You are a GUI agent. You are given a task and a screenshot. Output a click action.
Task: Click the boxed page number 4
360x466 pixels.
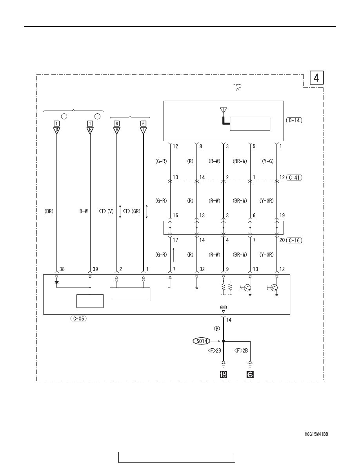(x=316, y=78)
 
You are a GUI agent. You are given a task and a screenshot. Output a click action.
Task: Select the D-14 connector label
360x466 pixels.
(x=294, y=120)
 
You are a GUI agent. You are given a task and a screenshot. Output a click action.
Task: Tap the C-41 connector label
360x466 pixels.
(x=294, y=177)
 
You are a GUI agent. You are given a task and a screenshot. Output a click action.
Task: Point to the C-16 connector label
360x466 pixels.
(x=294, y=240)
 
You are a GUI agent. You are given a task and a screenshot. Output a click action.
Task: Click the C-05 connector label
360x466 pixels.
(x=78, y=319)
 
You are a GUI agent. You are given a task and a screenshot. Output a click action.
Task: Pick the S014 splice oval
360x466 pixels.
(x=202, y=341)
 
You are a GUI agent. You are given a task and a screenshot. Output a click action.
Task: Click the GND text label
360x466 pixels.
(x=224, y=308)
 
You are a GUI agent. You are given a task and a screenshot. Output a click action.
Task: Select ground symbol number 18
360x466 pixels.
(x=224, y=375)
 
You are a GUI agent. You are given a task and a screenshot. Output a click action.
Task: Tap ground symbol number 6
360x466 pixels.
(x=250, y=375)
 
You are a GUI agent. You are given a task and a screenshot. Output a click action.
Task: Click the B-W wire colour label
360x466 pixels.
(x=84, y=211)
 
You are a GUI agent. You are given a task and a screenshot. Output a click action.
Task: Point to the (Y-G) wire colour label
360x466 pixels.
(x=267, y=161)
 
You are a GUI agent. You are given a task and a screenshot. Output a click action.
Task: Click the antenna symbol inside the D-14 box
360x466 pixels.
(x=224, y=111)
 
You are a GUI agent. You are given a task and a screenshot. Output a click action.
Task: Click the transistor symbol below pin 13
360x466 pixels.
(x=247, y=288)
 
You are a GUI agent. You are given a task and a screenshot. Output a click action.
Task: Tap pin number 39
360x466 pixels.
(x=95, y=269)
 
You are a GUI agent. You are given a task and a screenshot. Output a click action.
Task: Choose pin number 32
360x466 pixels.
(x=202, y=269)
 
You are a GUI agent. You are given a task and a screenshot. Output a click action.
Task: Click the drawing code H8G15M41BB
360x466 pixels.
(x=316, y=434)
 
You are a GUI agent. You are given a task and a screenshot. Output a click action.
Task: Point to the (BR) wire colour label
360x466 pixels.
(x=49, y=211)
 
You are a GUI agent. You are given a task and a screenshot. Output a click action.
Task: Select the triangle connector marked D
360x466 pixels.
(x=56, y=131)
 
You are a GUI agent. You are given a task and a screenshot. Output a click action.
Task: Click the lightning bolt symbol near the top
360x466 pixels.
(x=238, y=87)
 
